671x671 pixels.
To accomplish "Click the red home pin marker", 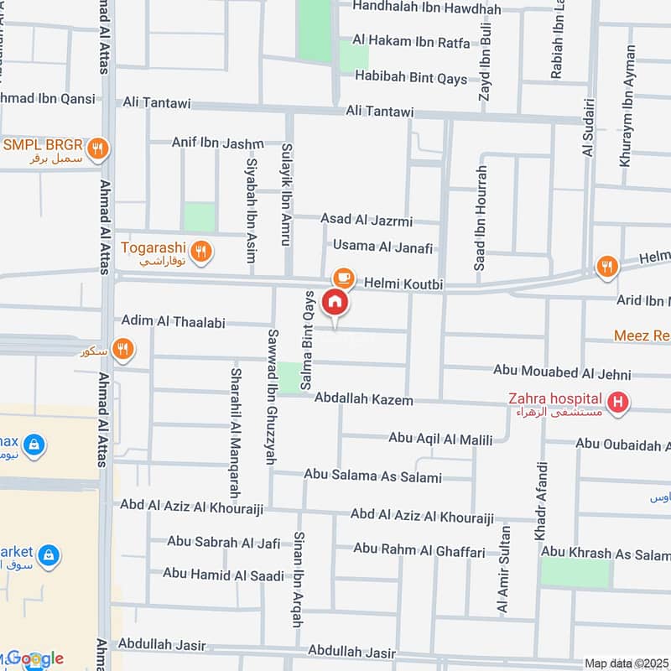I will click(x=335, y=303).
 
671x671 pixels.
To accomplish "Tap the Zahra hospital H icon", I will click(x=618, y=404).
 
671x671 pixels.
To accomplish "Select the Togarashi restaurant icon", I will click(x=200, y=250).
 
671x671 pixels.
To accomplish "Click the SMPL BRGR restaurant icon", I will click(x=99, y=150).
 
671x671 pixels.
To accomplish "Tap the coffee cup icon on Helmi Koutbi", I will click(x=342, y=277).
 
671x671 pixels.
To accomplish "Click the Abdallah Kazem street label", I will click(x=363, y=400).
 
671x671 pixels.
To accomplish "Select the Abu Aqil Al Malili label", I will click(x=440, y=438).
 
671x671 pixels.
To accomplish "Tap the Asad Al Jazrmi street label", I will click(x=367, y=220).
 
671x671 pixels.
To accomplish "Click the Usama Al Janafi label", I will click(x=382, y=247).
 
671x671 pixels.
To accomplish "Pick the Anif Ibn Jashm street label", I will click(x=217, y=142).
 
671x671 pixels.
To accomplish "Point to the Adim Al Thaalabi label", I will click(x=173, y=320).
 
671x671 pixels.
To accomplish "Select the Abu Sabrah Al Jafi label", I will click(x=223, y=543).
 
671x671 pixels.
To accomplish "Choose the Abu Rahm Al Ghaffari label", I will click(x=419, y=550).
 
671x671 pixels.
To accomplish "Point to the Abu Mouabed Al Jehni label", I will click(x=561, y=370).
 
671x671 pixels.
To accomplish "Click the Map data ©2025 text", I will click(x=627, y=663).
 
